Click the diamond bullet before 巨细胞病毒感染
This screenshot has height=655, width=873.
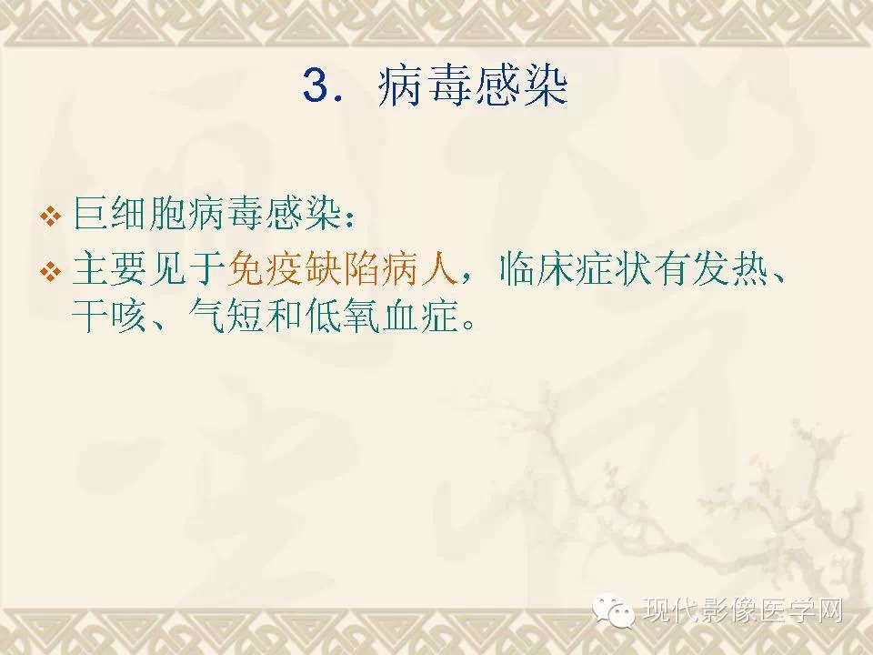(x=51, y=217)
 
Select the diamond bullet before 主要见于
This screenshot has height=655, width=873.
(x=51, y=272)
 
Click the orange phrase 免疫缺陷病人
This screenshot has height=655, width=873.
(x=343, y=269)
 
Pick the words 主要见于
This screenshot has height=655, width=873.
(x=148, y=269)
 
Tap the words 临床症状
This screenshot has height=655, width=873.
(x=576, y=269)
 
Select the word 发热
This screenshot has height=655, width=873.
(x=728, y=269)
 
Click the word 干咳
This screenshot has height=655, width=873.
(x=109, y=316)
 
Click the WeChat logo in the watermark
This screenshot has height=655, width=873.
(x=614, y=610)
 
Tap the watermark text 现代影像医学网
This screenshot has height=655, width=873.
(x=743, y=610)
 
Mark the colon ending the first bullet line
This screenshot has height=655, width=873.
(x=349, y=218)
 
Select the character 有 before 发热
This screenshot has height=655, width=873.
(x=672, y=269)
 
